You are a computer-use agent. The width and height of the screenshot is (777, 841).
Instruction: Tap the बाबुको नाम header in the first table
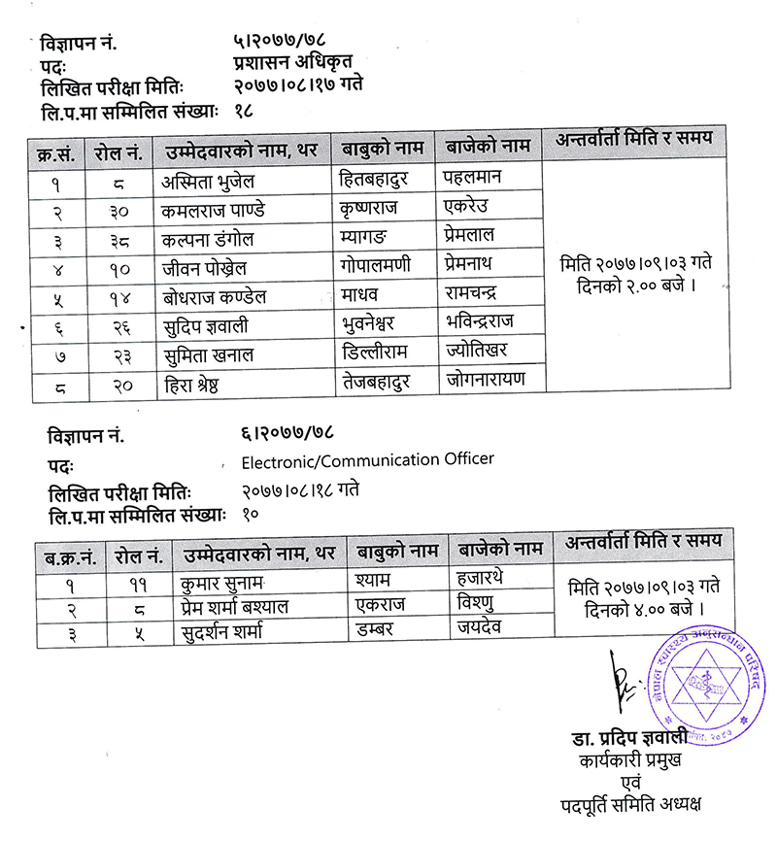[x=384, y=149]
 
